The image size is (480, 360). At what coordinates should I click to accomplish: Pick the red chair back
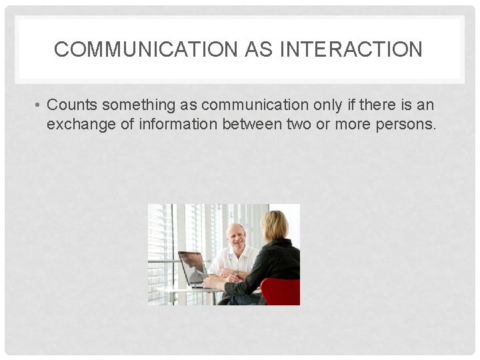(281, 291)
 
